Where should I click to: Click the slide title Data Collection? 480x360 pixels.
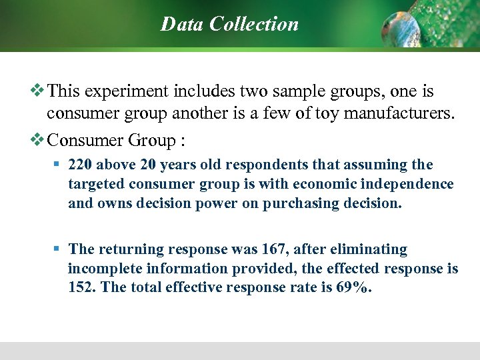229,24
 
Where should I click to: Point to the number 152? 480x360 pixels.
81,288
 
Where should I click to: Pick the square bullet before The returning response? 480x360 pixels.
57,249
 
